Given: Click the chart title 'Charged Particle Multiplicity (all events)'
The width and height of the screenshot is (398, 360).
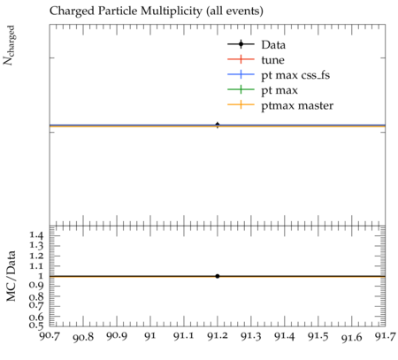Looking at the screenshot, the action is [157, 11].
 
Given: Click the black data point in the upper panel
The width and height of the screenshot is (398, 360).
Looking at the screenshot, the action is [218, 125].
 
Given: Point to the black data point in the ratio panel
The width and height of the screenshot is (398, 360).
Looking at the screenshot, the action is [218, 276].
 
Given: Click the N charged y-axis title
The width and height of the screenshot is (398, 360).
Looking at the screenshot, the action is [9, 45].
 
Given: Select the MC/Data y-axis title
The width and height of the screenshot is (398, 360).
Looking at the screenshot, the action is [11, 276].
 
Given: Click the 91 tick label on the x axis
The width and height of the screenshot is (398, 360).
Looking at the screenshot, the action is [150, 335].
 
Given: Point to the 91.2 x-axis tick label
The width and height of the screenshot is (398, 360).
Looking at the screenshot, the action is [218, 335].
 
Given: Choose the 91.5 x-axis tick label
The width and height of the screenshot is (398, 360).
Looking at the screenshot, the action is [318, 335].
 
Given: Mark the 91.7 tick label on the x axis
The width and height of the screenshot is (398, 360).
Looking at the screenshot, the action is [386, 335].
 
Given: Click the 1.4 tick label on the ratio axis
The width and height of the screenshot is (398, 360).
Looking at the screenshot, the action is [36, 235].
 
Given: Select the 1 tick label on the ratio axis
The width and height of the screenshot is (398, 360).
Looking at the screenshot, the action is [41, 276].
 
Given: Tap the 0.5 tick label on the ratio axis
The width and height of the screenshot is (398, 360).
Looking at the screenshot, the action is [36, 325].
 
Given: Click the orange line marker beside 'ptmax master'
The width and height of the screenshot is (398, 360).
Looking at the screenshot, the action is [241, 104].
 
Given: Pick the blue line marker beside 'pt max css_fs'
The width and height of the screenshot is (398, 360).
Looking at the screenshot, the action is [241, 74].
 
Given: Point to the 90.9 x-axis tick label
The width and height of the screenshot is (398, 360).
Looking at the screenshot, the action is [117, 335].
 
